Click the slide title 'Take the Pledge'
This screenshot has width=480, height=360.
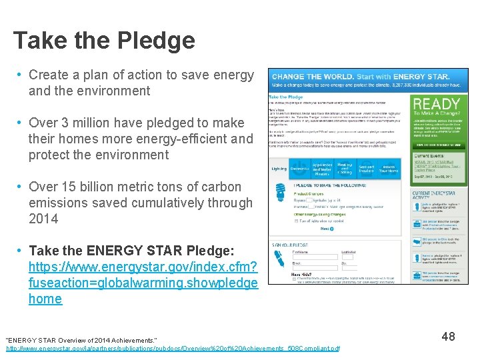tap(104, 41)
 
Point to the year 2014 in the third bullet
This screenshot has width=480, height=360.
tap(43, 219)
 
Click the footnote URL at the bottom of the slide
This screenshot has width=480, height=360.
tap(173, 349)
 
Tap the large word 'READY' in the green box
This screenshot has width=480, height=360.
tap(437, 104)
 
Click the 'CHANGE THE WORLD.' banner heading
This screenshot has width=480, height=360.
tap(312, 76)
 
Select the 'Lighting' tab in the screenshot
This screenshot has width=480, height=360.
tap(279, 169)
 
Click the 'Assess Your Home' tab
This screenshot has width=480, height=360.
tap(389, 169)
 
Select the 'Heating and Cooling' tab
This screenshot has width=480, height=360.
tap(344, 169)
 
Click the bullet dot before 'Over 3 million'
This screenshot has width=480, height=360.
tap(21, 123)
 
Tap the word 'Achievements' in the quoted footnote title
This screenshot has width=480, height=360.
tap(129, 340)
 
